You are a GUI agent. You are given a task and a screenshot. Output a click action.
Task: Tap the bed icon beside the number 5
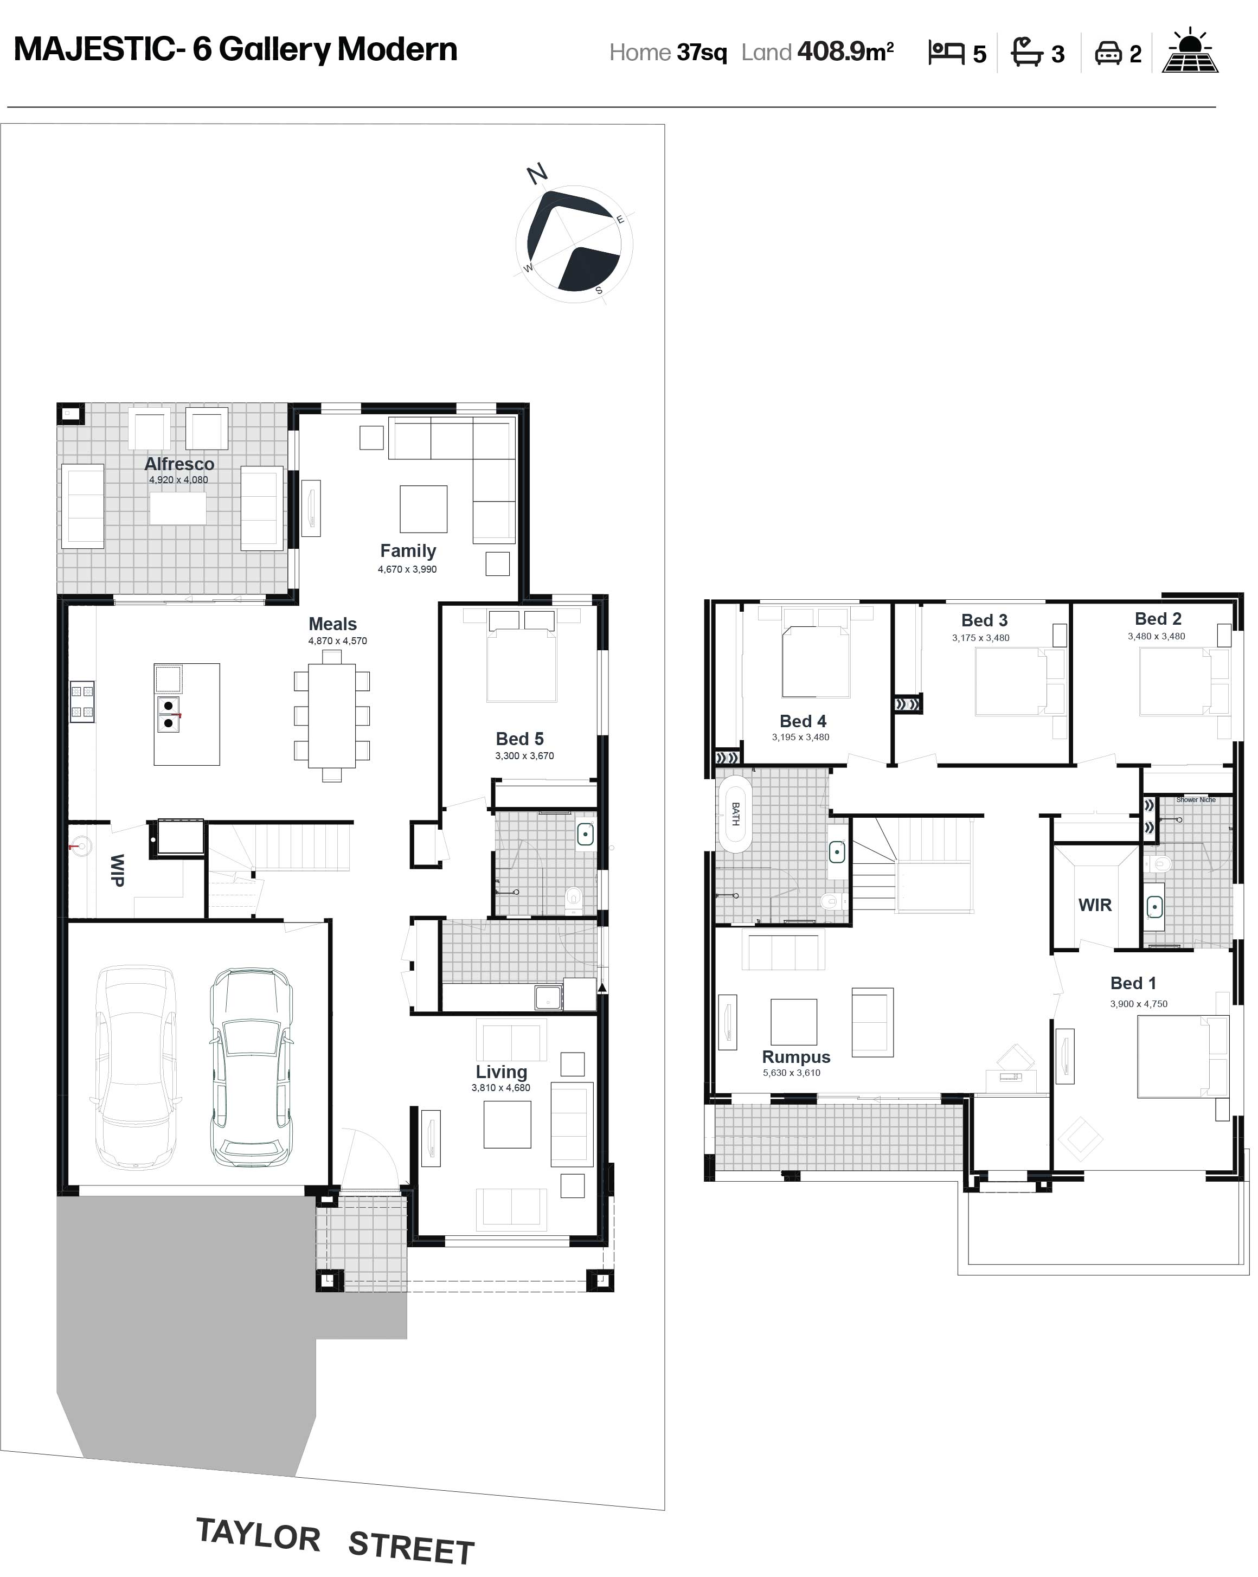[946, 53]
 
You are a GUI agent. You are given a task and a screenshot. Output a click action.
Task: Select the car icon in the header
[1108, 53]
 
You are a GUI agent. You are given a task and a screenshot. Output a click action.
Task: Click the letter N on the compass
[537, 174]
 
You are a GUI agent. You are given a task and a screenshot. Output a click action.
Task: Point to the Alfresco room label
[179, 464]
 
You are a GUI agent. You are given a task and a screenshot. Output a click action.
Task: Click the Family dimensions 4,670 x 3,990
[407, 569]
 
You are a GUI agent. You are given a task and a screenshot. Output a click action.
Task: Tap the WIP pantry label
[117, 870]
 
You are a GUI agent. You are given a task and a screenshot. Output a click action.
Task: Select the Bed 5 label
[520, 739]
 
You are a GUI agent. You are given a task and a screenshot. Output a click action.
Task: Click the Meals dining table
[331, 715]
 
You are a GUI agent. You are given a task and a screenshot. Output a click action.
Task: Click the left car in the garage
[136, 1067]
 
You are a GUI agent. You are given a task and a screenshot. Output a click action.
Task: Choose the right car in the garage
[252, 1067]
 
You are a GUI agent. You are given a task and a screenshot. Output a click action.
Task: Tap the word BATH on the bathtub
[736, 814]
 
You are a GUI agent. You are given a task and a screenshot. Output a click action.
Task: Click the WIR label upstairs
[1095, 905]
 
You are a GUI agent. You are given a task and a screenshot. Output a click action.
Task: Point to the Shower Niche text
[1196, 799]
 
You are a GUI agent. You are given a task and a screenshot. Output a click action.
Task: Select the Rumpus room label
[797, 1057]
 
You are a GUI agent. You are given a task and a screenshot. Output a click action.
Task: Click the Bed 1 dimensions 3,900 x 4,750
[1139, 1004]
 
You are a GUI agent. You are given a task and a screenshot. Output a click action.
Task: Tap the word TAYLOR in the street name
[258, 1535]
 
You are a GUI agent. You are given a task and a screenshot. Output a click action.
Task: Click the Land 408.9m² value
[845, 51]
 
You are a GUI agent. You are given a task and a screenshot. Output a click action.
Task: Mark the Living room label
[502, 1072]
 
